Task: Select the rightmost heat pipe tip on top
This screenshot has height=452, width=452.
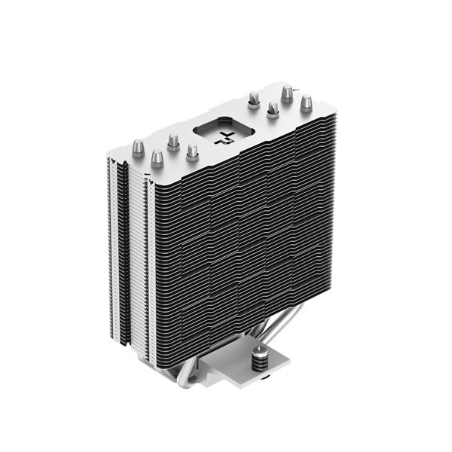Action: pos(306,102)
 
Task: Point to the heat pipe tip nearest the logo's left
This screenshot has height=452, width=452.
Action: pos(192,151)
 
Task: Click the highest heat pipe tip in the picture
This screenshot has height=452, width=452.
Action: pos(287,92)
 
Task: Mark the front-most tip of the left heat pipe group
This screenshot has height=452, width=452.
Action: pos(157,158)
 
